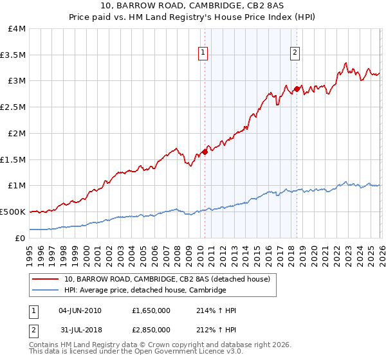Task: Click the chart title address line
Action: coord(192,6)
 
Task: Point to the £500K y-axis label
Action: coord(13,212)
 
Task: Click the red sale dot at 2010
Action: coord(205,152)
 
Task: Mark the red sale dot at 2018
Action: coord(297,89)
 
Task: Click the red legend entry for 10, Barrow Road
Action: coord(170,279)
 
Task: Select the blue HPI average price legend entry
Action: coord(145,291)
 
